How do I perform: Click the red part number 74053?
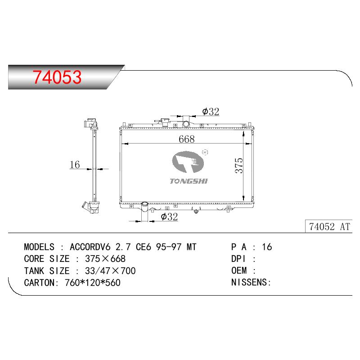coord(57,77)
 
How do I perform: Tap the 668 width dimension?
coord(186,139)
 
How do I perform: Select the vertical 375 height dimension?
coord(239,165)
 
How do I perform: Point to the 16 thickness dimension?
coord(75,164)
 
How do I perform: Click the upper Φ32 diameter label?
coord(211,112)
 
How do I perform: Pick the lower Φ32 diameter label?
coord(169,216)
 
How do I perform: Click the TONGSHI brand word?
coord(189,181)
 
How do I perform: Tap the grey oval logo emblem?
coord(188,162)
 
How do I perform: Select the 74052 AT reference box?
coord(328,226)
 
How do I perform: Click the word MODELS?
coord(39,247)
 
